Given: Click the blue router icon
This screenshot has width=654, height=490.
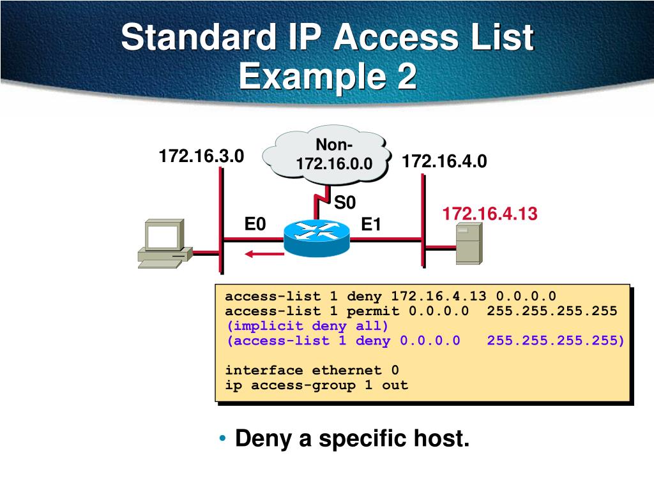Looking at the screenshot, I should (x=317, y=237).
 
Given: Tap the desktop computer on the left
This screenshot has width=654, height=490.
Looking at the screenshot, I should (x=163, y=244).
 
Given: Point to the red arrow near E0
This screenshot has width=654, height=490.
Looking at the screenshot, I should (x=263, y=255).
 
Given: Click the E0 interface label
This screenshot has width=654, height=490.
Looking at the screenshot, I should (x=255, y=225).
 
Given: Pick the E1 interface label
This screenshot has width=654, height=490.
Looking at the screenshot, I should (x=371, y=225).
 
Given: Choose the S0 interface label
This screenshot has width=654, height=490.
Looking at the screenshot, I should (x=345, y=203).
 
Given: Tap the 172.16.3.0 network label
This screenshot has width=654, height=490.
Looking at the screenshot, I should (x=201, y=156).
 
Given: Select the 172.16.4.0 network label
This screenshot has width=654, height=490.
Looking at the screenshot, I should (x=445, y=162).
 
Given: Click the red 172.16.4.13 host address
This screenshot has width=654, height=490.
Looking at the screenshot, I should (x=490, y=214).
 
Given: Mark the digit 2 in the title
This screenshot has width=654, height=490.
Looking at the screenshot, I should (x=405, y=78).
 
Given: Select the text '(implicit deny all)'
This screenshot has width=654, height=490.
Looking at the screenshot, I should (x=307, y=325).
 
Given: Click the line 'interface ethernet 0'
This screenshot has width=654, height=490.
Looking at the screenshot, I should (x=312, y=370).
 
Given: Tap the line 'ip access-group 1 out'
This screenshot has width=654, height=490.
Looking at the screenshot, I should (x=316, y=385).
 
